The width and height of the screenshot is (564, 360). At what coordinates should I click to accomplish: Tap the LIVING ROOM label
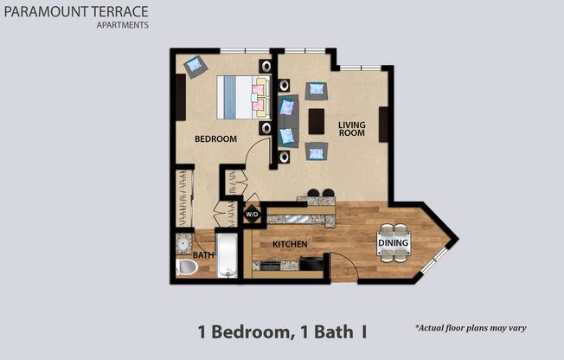point(351,129)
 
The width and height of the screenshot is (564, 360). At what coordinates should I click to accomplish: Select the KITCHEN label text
point(290,245)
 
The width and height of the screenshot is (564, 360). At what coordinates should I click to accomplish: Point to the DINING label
point(394,244)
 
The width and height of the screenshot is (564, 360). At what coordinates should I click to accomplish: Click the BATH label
point(203,255)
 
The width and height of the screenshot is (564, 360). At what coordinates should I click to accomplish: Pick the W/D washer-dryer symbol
point(252,213)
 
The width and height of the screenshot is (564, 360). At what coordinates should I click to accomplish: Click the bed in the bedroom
point(242,95)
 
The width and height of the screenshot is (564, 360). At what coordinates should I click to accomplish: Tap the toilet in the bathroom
point(187,267)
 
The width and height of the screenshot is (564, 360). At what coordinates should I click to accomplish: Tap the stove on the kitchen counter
point(269,265)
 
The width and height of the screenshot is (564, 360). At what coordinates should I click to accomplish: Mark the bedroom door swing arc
point(258,156)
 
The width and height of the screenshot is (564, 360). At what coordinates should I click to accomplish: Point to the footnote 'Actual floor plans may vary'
point(471,328)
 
